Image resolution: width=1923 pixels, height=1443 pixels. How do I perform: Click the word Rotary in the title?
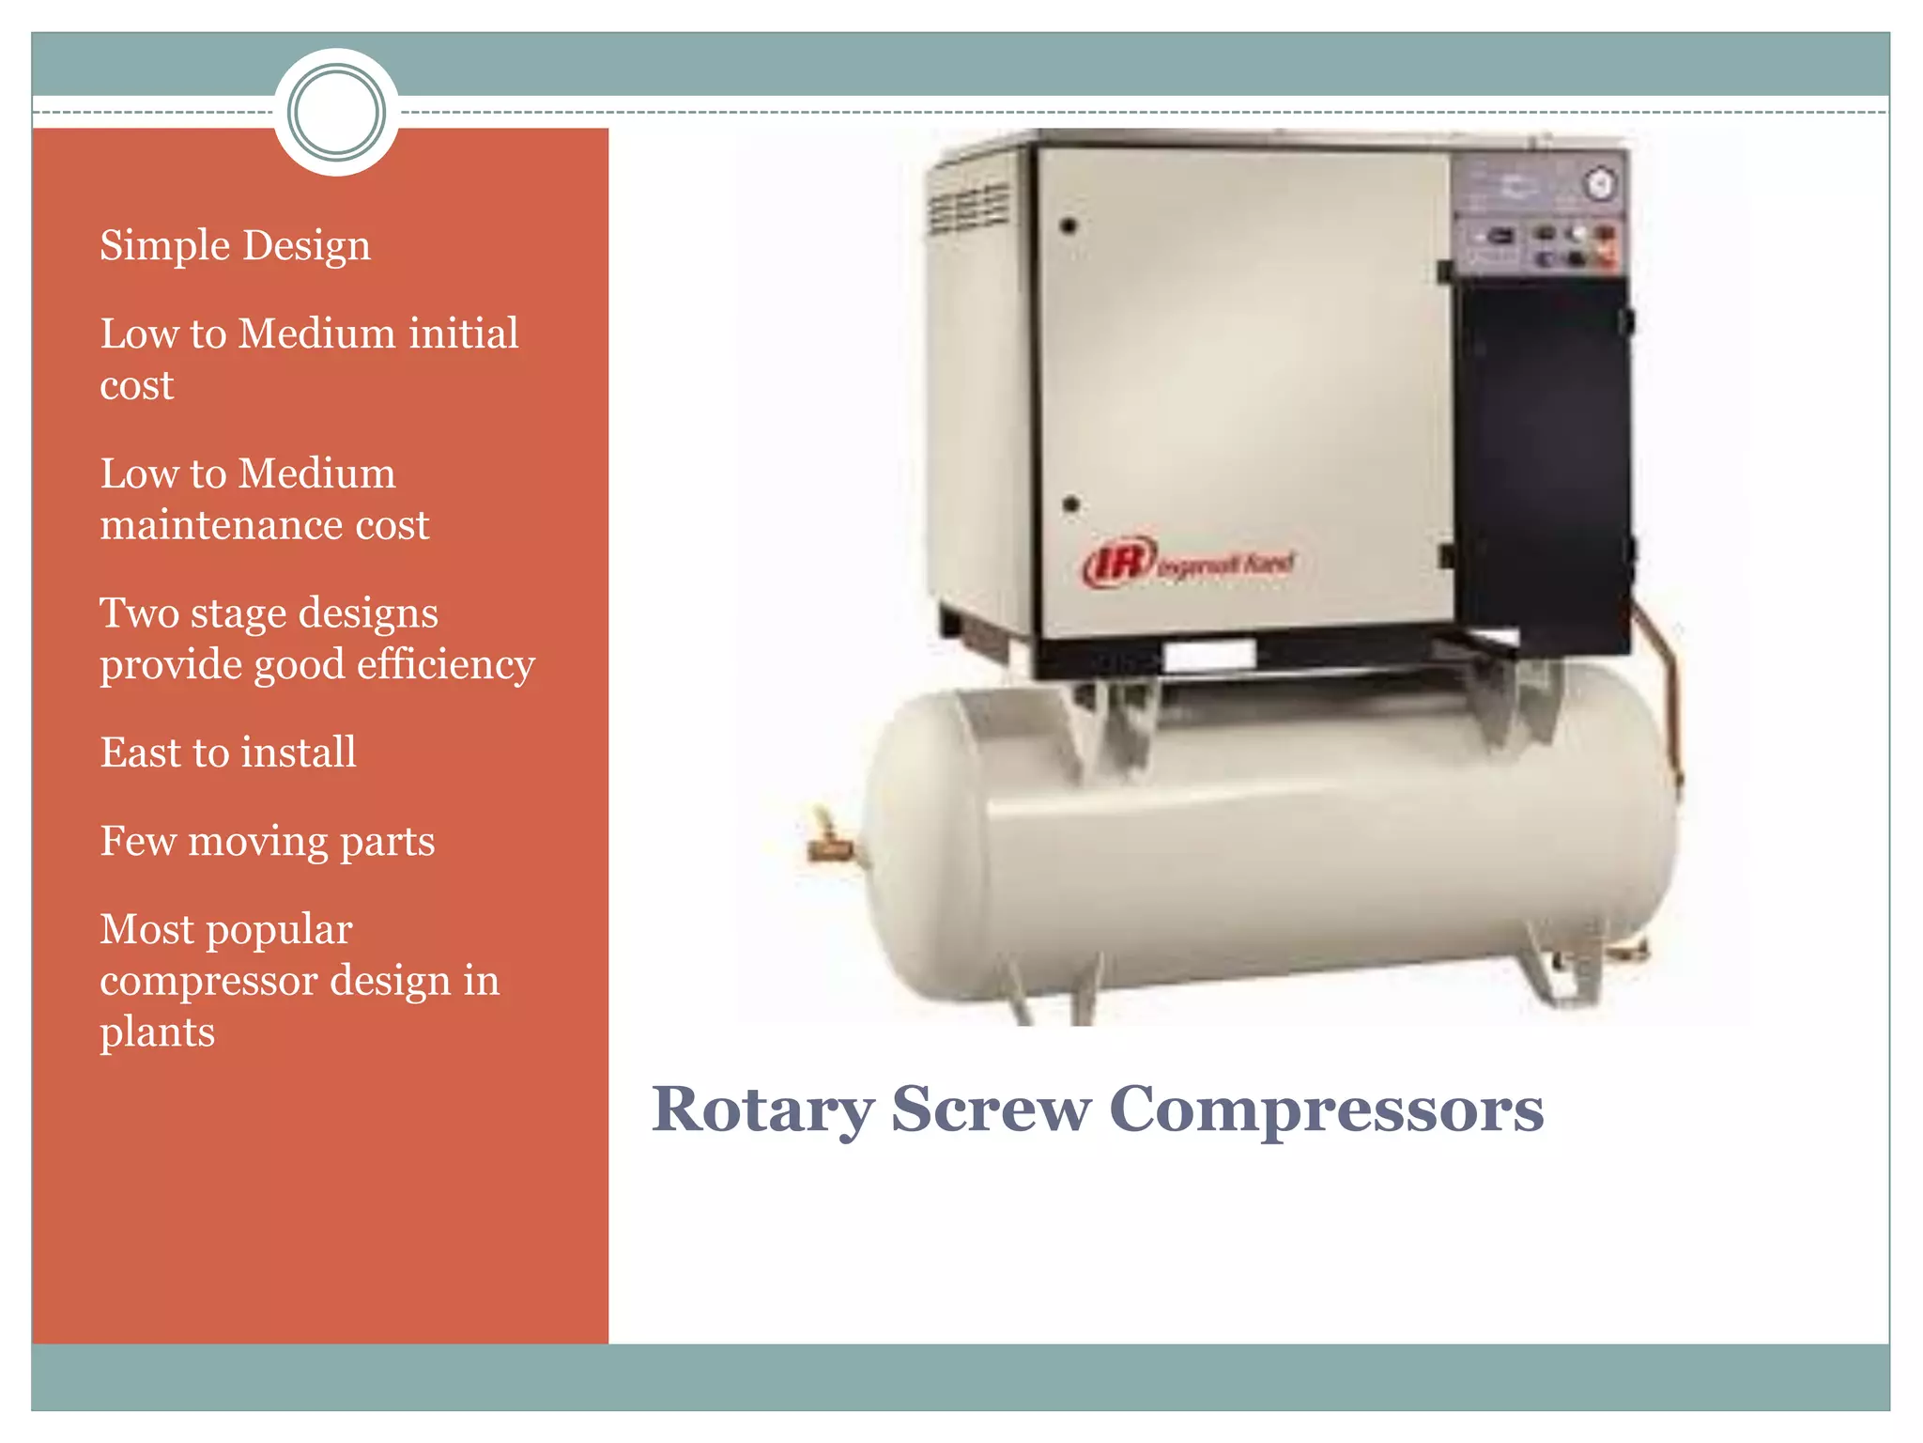point(762,1110)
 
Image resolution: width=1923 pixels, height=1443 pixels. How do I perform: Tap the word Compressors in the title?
point(1325,1110)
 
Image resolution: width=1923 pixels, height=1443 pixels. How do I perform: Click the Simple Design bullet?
point(235,246)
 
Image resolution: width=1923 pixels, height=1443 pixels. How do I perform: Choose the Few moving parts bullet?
point(267,841)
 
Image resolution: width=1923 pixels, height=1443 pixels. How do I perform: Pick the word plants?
point(157,1032)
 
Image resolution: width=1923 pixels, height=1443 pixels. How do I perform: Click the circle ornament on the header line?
point(336,112)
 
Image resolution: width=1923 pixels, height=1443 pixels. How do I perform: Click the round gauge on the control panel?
point(1600,184)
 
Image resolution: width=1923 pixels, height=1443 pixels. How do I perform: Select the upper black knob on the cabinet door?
point(1068,225)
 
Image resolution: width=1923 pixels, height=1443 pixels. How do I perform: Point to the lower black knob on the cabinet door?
point(1070,504)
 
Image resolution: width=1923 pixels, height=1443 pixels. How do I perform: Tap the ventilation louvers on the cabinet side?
point(969,207)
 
